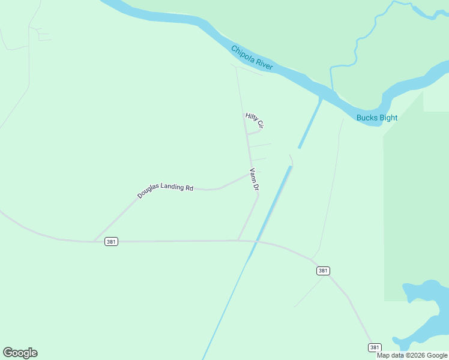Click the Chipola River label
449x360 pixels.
[252, 58]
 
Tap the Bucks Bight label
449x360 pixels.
[376, 118]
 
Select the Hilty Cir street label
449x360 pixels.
[255, 121]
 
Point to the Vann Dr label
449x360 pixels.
[254, 179]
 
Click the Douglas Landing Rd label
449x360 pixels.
[165, 191]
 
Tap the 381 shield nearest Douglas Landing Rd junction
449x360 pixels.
[111, 241]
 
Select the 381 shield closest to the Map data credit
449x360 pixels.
[375, 347]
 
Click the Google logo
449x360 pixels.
[20, 353]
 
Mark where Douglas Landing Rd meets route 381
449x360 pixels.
[94, 242]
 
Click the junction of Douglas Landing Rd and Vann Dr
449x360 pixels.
[250, 173]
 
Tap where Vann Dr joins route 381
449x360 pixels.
[239, 241]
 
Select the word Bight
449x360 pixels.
[387, 118]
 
